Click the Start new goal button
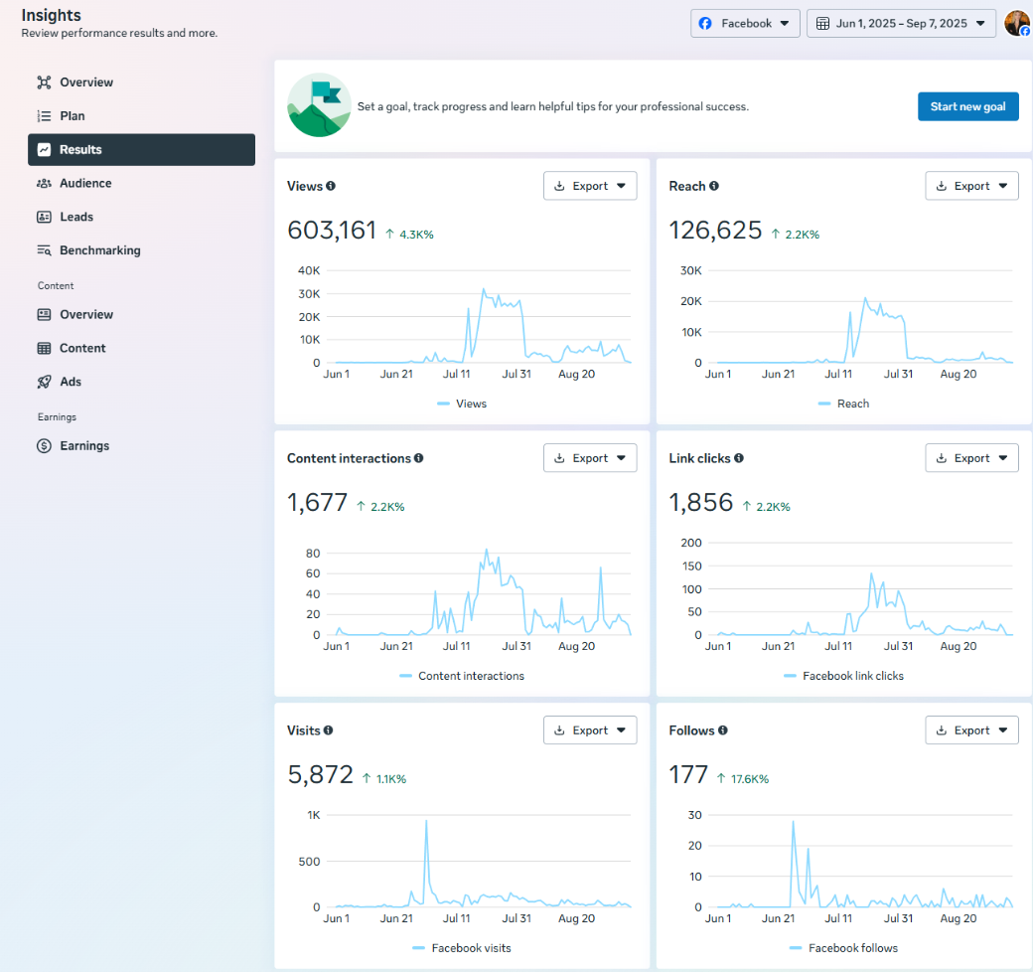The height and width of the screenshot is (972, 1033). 967,106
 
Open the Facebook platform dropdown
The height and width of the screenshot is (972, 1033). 745,24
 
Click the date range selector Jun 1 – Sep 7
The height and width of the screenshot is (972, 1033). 901,24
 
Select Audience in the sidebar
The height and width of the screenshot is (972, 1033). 85,183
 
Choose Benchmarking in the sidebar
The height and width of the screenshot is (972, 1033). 99,250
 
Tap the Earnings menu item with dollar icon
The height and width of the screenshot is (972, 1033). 84,446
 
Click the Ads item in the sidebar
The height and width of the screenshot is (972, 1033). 71,382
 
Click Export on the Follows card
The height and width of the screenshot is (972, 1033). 971,730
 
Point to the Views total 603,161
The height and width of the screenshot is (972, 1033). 332,231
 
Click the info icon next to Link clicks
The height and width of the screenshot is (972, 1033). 739,458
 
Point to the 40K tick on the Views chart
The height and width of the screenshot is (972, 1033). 309,270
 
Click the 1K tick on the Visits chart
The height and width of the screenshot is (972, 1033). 314,815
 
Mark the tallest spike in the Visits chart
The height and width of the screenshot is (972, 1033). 426,821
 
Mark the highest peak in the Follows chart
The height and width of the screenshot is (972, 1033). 793,821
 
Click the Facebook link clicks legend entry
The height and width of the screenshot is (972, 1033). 852,676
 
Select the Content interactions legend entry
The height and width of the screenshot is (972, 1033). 471,676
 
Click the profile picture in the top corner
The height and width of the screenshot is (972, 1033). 1017,23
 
